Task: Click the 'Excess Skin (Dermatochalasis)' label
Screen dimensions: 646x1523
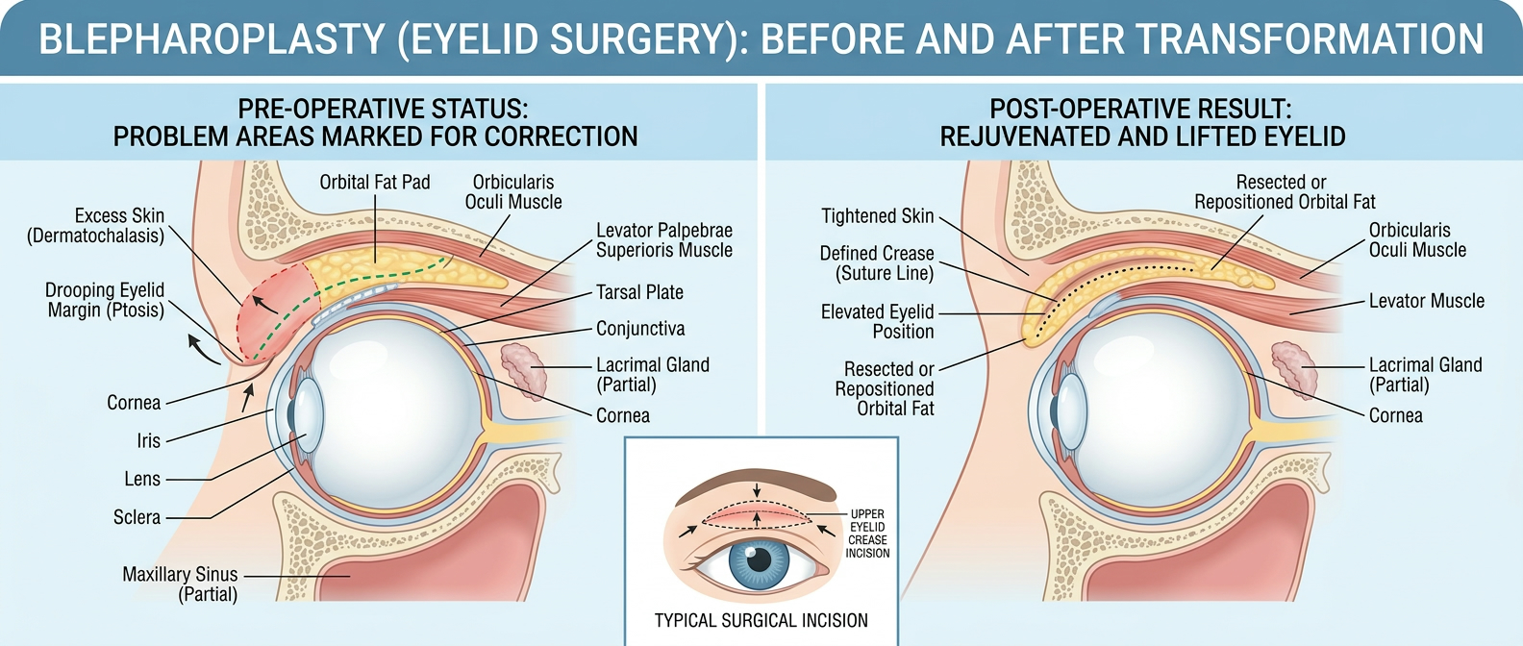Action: [x=96, y=226]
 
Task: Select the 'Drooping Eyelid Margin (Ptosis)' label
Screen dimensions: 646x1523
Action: [x=105, y=300]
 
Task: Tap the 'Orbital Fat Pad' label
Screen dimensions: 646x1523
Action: [x=375, y=183]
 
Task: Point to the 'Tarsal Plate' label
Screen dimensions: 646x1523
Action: [x=639, y=292]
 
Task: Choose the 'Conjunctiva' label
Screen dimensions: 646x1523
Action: [x=640, y=329]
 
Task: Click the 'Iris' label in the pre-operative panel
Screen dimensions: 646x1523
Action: [x=148, y=441]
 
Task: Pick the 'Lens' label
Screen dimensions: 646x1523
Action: [x=142, y=479]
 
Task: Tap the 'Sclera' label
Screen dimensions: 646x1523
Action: [x=137, y=517]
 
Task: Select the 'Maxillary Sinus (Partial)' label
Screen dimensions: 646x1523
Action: [x=180, y=584]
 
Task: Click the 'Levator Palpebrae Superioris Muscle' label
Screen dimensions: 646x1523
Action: [x=663, y=240]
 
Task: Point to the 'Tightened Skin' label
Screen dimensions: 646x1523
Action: [x=877, y=216]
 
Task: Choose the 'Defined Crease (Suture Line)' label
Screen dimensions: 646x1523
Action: [x=876, y=263]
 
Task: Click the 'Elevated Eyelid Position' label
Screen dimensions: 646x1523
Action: [x=877, y=322]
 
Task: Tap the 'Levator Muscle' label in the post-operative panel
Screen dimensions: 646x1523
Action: [x=1426, y=301]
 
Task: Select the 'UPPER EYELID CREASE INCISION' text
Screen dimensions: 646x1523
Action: [x=867, y=534]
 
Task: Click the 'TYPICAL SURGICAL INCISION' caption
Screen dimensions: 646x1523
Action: [x=761, y=621]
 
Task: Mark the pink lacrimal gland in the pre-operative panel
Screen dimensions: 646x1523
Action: [x=524, y=369]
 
